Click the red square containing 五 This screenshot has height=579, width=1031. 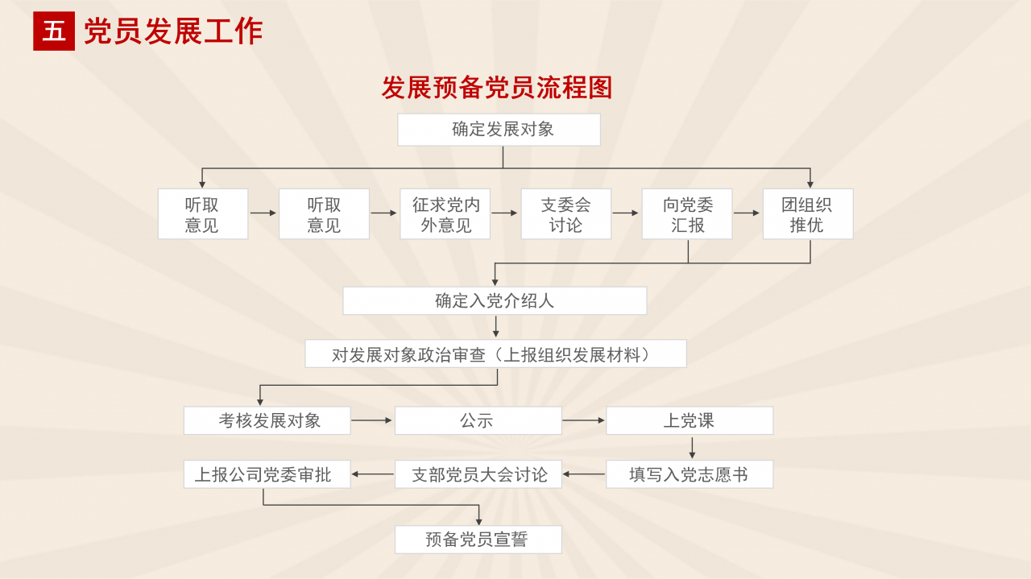[x=54, y=31]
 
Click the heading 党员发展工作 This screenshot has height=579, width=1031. [x=173, y=31]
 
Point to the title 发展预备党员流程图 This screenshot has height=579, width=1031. [x=497, y=88]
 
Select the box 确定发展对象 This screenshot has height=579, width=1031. [x=499, y=130]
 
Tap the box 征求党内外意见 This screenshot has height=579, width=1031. [x=445, y=214]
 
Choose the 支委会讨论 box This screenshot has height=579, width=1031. [x=566, y=214]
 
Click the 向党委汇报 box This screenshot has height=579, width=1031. [x=687, y=214]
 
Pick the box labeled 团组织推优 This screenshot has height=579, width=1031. [x=808, y=214]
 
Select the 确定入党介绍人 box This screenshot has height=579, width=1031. [x=495, y=301]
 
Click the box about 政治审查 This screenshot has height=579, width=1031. [x=495, y=354]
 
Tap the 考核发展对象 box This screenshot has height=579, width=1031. [x=267, y=420]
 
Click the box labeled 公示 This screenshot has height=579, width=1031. [x=478, y=420]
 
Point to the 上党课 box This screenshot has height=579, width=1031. [x=689, y=420]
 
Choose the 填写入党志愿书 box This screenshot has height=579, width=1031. [x=689, y=474]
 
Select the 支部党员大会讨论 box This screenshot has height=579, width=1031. [x=478, y=474]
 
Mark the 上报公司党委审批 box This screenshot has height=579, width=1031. [x=267, y=474]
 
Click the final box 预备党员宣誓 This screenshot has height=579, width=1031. [x=478, y=540]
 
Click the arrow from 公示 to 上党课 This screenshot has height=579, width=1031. [x=584, y=420]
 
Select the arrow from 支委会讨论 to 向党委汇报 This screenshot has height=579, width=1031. [x=626, y=213]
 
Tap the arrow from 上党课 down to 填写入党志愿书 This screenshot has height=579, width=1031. [x=692, y=447]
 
